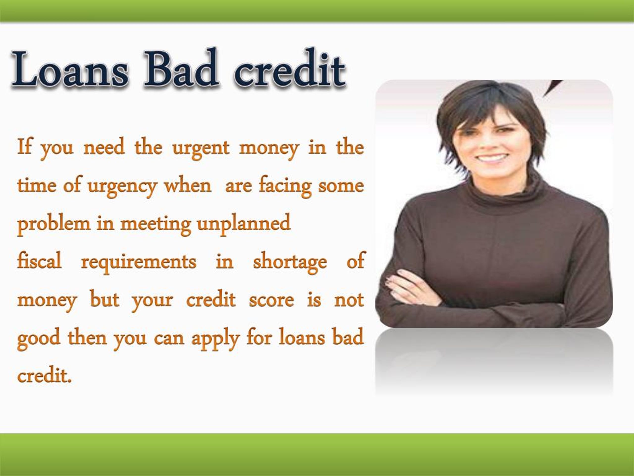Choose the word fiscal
click(39, 261)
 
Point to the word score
click(271, 300)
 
